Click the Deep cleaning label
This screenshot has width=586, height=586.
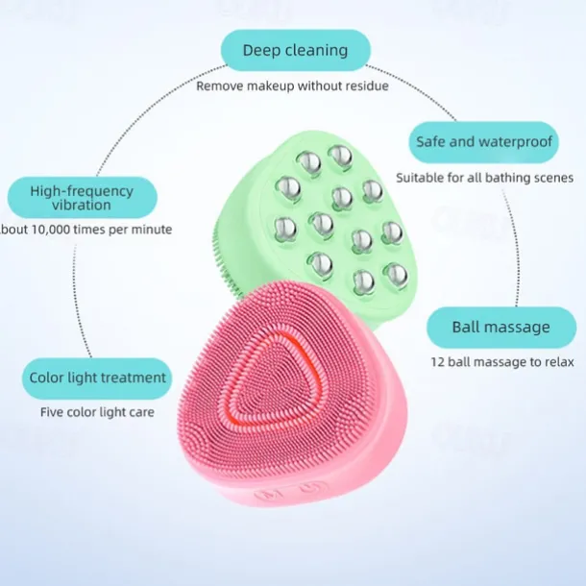[x=294, y=50]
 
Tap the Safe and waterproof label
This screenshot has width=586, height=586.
[x=485, y=141]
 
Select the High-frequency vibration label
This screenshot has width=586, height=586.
[x=83, y=196]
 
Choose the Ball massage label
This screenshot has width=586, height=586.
[x=501, y=327]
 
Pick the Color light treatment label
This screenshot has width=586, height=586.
[x=98, y=378]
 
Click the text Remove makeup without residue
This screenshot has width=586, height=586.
[x=292, y=85]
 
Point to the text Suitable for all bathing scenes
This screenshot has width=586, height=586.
[x=484, y=178]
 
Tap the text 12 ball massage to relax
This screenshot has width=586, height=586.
[x=501, y=362]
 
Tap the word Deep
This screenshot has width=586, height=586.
[x=261, y=50]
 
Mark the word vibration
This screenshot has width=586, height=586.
[x=83, y=205]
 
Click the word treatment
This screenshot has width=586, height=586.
[x=132, y=378]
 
